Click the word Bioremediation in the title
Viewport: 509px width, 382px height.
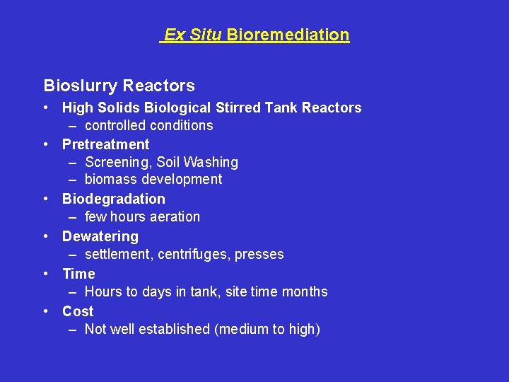pyautogui.click(x=288, y=35)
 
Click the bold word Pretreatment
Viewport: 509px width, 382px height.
pyautogui.click(x=105, y=144)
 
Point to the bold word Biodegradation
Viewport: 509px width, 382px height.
pyautogui.click(x=113, y=199)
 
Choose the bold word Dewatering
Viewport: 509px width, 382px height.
pyautogui.click(x=100, y=236)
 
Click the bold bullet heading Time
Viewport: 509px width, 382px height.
pyautogui.click(x=78, y=274)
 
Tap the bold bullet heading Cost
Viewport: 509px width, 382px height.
pyautogui.click(x=78, y=311)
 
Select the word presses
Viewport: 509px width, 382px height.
pyautogui.click(x=261, y=255)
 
